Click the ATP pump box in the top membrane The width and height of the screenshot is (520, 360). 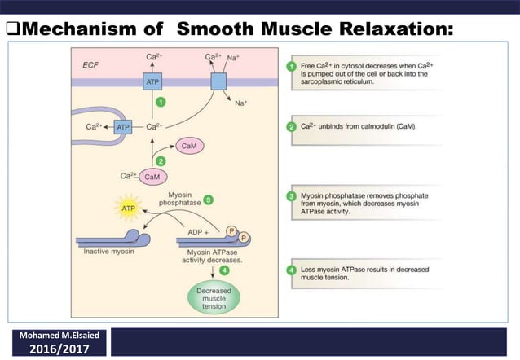pos(152,82)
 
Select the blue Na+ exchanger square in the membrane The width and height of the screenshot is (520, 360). pos(218,81)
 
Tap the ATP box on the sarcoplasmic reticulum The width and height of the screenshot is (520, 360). pos(123,127)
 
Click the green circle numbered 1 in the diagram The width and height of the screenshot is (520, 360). pos(161,103)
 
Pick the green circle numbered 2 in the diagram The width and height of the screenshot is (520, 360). pos(161,161)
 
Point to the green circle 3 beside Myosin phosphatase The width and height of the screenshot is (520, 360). pos(209,199)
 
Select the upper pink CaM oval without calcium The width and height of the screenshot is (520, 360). pos(187,146)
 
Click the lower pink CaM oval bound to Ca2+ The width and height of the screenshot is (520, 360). pos(152,176)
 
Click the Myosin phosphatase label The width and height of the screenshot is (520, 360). pos(174,200)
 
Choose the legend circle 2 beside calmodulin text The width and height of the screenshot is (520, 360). pos(292,126)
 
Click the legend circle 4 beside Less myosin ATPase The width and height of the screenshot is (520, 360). pos(292,271)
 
